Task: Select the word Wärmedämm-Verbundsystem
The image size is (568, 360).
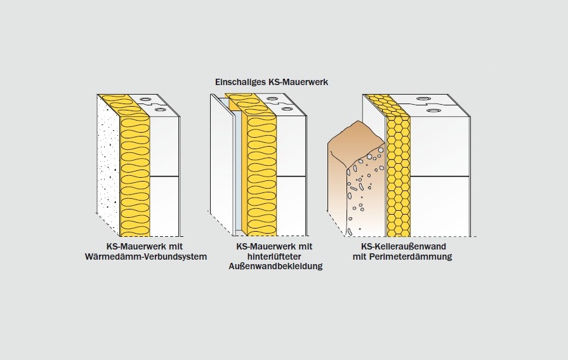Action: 146,256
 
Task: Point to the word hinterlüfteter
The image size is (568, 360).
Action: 276,256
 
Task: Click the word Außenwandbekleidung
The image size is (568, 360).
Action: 276,266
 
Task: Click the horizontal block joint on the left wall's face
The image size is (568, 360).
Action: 165,176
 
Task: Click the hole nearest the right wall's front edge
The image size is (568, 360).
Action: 433,110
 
